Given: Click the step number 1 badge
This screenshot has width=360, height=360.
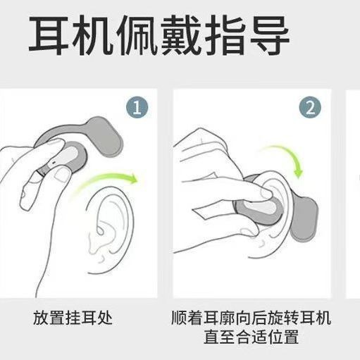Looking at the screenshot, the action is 137,107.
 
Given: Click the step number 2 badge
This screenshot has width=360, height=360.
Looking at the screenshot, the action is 310,108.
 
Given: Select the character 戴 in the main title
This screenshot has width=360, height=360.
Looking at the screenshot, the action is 182,35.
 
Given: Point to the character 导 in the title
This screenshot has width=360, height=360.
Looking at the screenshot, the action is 268,35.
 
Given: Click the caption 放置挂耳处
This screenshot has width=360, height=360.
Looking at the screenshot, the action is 73,318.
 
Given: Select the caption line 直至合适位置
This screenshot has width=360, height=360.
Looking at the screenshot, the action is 251,337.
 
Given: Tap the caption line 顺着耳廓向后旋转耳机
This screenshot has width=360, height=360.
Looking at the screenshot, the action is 251,318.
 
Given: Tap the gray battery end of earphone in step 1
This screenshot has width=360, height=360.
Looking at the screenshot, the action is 108,136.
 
